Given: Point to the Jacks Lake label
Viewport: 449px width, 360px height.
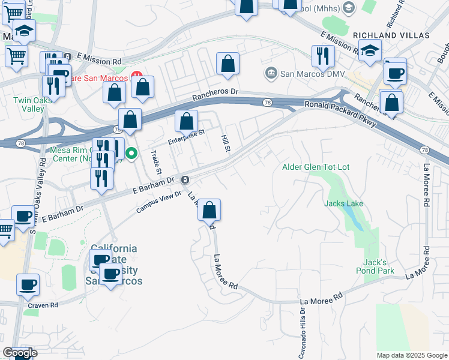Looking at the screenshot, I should [x=343, y=204].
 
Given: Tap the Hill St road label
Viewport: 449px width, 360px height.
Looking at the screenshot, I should [x=227, y=143].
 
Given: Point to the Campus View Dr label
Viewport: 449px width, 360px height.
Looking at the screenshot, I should [x=158, y=202].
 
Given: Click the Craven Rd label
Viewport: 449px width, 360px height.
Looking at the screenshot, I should [x=43, y=305].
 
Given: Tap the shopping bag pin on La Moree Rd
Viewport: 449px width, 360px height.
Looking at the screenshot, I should [x=209, y=211].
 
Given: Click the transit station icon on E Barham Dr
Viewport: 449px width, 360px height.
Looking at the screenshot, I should [x=185, y=179].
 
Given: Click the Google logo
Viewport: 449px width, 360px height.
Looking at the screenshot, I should [x=20, y=353].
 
